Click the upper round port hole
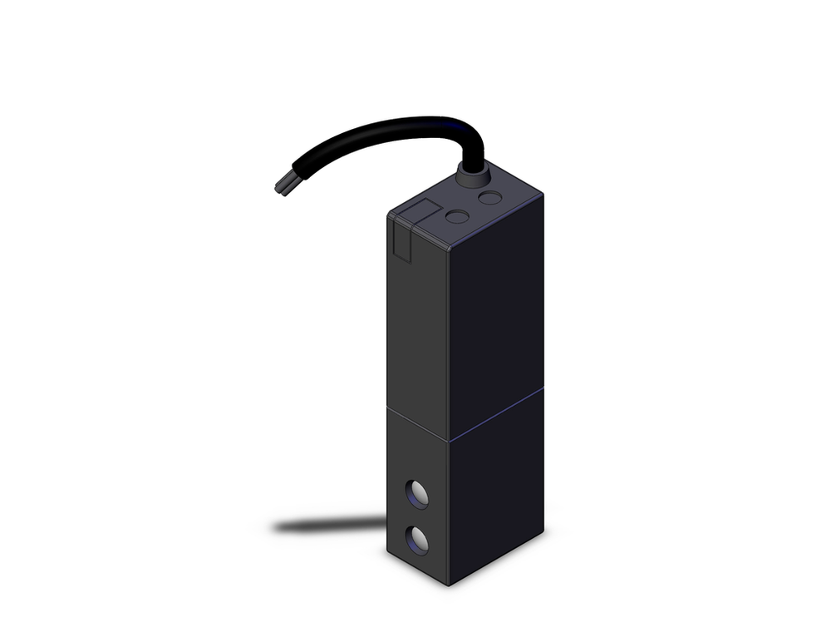coord(417,495)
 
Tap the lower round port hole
coord(417,541)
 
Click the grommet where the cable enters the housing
coord(470,174)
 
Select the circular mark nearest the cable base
coord(491,198)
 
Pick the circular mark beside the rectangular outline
coord(457,217)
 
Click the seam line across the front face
coord(418,424)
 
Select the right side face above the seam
coord(497,316)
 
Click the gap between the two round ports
coord(417,518)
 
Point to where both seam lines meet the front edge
coord(450,440)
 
